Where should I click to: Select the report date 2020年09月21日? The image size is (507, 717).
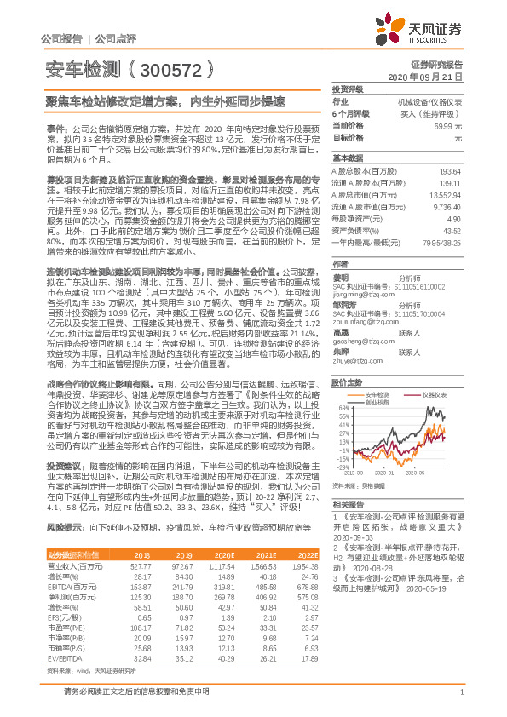435,77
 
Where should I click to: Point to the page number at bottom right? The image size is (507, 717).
461,699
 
